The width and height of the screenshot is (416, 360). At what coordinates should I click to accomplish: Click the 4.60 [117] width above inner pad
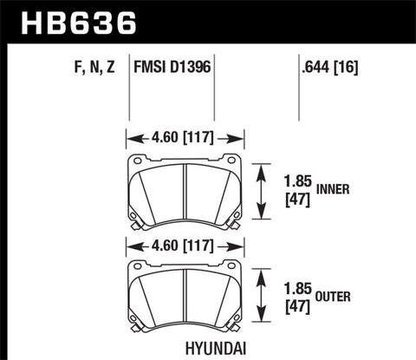click(x=184, y=136)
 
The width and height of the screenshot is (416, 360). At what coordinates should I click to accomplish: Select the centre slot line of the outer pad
click(x=185, y=297)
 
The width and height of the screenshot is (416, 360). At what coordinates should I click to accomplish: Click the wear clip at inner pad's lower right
click(x=233, y=224)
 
